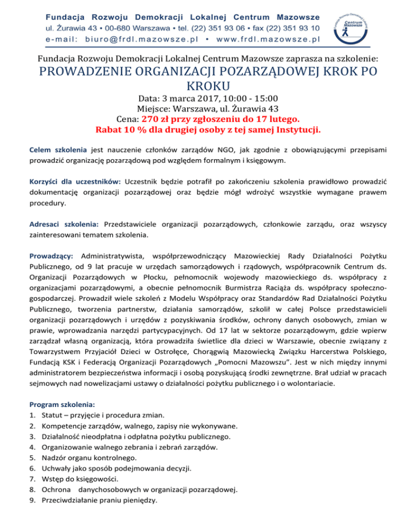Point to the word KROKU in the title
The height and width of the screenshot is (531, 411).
[205, 86]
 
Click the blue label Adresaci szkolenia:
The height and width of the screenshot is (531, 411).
[66, 224]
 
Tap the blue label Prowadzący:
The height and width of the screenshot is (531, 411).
[51, 254]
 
